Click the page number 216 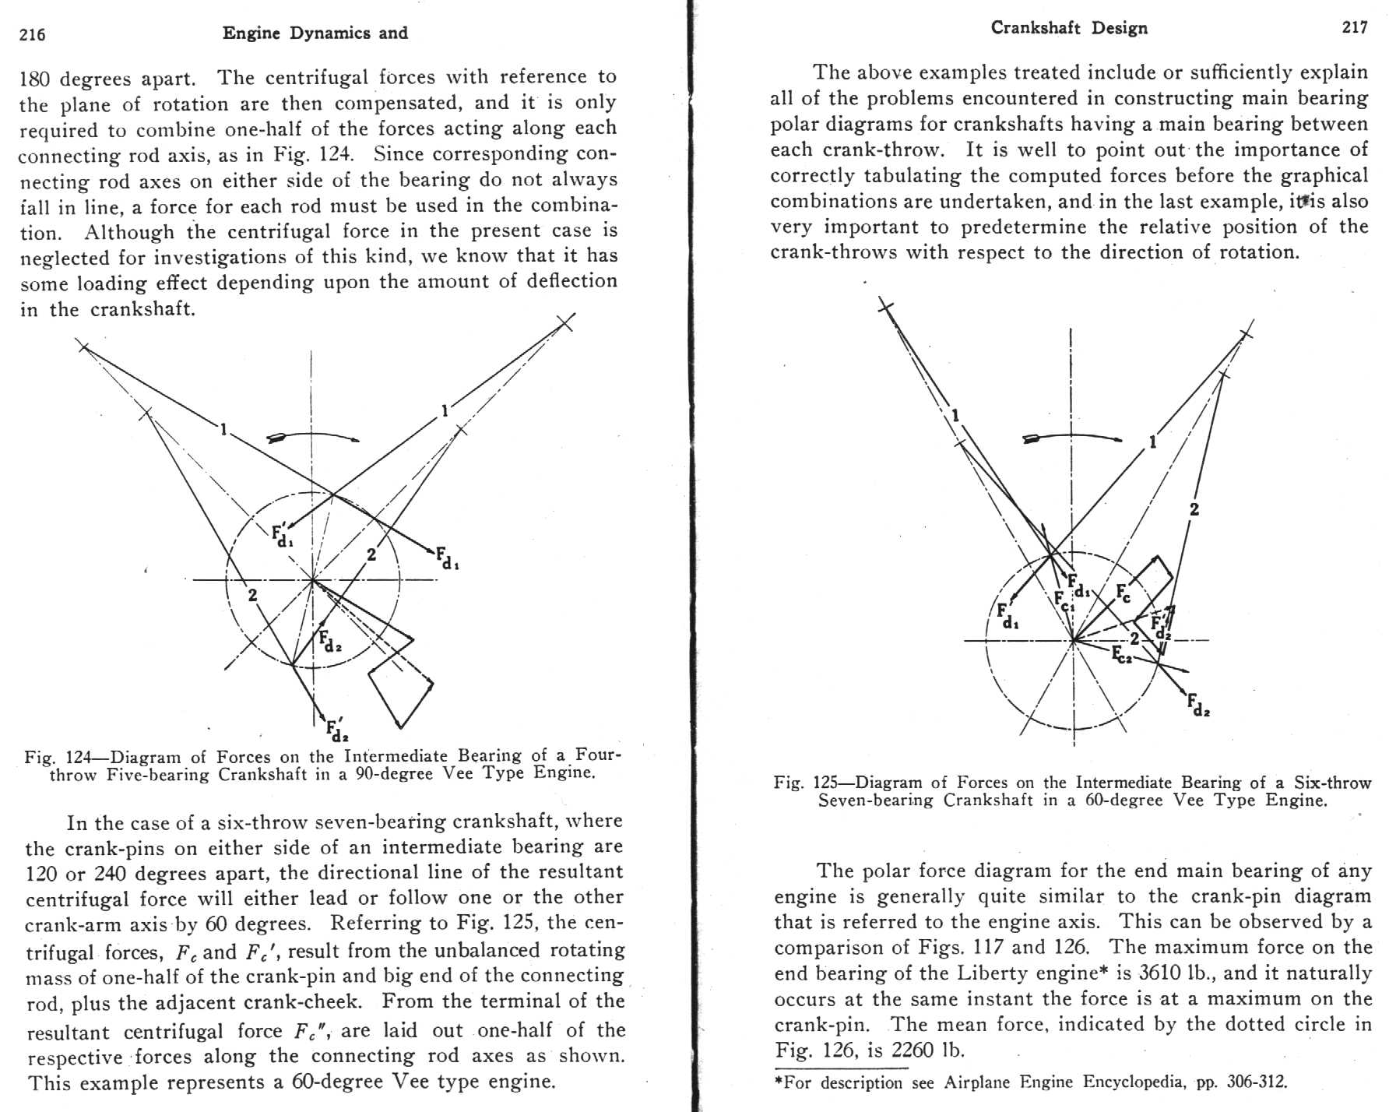[x=33, y=34]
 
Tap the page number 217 [x=1355, y=27]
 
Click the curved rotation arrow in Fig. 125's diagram [x=1072, y=438]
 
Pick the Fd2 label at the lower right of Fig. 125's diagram [x=1198, y=706]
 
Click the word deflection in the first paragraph [x=571, y=282]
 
